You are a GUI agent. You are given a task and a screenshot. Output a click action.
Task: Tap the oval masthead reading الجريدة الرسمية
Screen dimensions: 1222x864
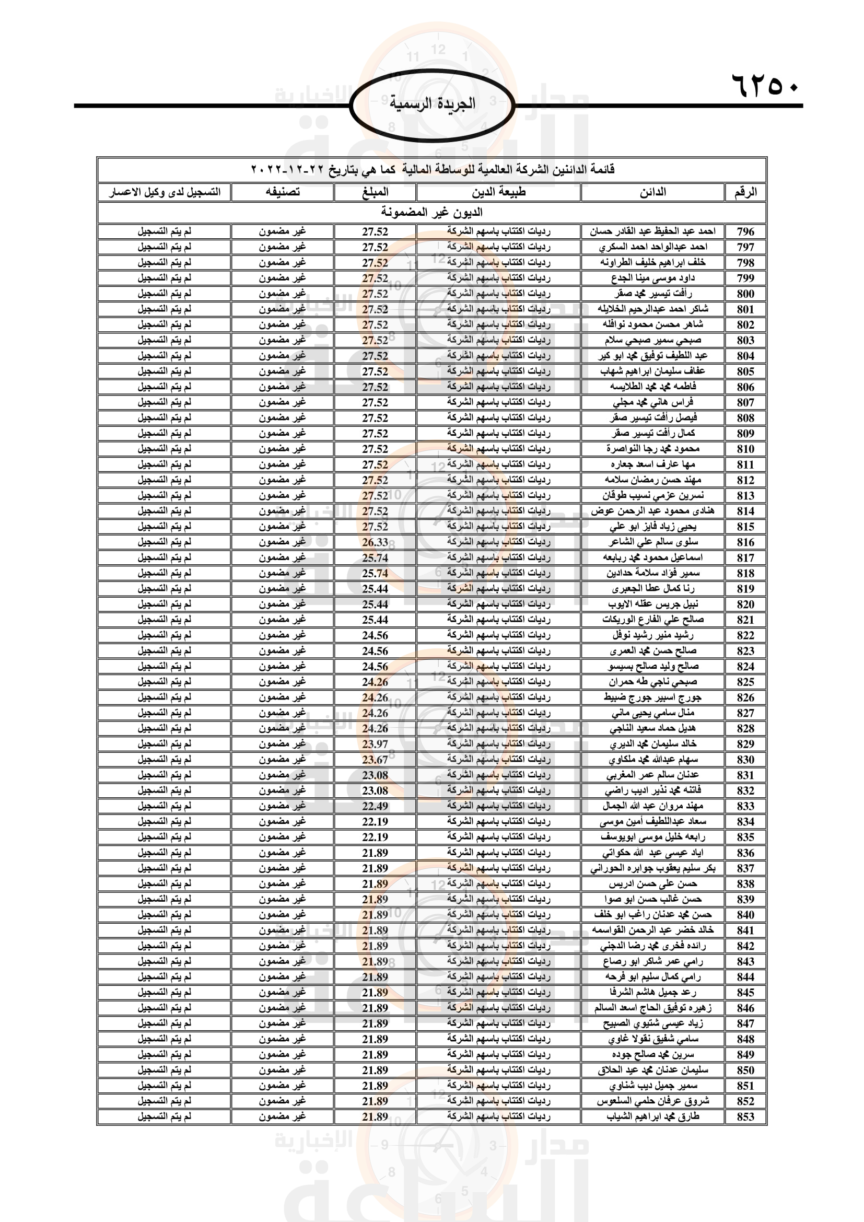[x=432, y=105]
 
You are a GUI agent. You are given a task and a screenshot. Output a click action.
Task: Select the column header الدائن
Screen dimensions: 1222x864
[x=652, y=192]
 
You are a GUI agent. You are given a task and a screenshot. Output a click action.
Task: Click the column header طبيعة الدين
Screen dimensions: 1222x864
[x=498, y=192]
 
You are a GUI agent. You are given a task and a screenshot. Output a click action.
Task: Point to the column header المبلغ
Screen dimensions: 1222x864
[x=375, y=192]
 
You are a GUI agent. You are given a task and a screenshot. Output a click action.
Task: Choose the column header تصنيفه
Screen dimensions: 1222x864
[x=283, y=192]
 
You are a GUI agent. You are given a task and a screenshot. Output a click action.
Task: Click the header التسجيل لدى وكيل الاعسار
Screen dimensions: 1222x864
[x=165, y=192]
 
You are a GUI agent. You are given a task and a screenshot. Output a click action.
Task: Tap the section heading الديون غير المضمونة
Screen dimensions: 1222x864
[x=431, y=212]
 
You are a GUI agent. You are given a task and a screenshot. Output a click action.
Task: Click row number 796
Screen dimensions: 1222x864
[x=745, y=231]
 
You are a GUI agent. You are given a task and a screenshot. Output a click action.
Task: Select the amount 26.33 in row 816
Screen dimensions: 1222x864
[x=375, y=542]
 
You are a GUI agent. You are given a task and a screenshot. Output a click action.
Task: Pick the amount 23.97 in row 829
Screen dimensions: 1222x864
[x=375, y=744]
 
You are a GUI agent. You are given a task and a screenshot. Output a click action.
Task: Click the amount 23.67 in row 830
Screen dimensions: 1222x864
[x=375, y=760]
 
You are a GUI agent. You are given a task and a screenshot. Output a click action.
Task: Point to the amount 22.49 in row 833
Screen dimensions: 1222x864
[x=375, y=806]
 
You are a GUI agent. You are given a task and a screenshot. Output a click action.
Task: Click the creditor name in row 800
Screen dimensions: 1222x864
[x=653, y=294]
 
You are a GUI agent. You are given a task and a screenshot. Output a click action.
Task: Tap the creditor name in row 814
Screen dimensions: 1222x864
[x=653, y=511]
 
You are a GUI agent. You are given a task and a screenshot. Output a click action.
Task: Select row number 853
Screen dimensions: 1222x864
[x=745, y=1116]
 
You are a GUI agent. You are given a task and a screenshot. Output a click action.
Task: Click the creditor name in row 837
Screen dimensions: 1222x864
[x=653, y=869]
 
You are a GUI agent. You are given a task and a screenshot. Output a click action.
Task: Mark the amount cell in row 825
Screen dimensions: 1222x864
[x=375, y=682]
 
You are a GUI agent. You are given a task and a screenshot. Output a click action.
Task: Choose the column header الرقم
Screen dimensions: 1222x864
[x=745, y=192]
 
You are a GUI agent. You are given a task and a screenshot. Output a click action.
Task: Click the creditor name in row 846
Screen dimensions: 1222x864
[x=653, y=1008]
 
